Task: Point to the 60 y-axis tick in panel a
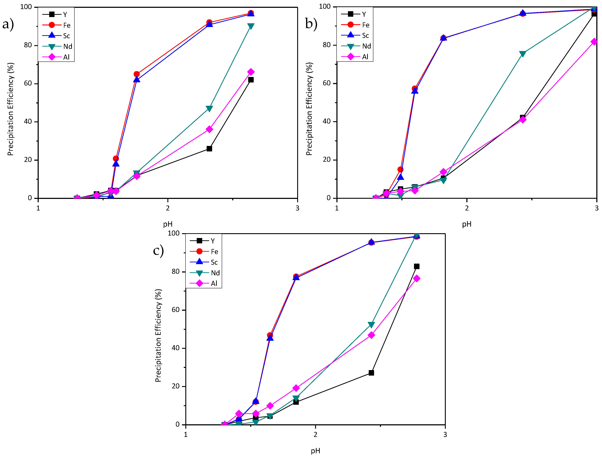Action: pyautogui.click(x=28, y=83)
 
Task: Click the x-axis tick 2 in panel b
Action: pyautogui.click(x=467, y=208)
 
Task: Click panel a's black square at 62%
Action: pyautogui.click(x=251, y=80)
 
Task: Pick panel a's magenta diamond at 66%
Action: pyautogui.click(x=251, y=72)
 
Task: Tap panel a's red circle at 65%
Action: pyautogui.click(x=137, y=74)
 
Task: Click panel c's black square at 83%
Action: pyautogui.click(x=416, y=266)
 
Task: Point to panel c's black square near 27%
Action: pyautogui.click(x=371, y=373)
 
